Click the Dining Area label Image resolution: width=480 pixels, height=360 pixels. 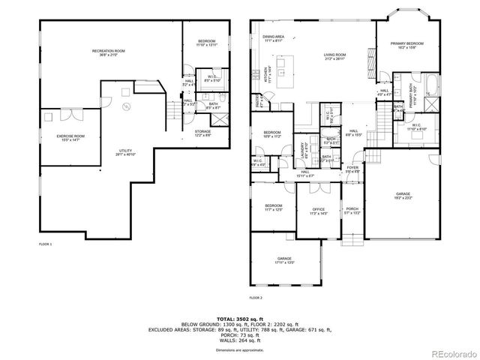click(x=273, y=38)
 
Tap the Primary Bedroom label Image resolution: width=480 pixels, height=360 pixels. click(x=406, y=46)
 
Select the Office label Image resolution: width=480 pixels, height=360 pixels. click(x=318, y=211)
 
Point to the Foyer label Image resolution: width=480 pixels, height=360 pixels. click(x=352, y=169)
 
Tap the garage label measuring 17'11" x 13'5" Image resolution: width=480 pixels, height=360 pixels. click(x=284, y=260)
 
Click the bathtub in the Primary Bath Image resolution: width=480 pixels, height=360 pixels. click(x=432, y=82)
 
